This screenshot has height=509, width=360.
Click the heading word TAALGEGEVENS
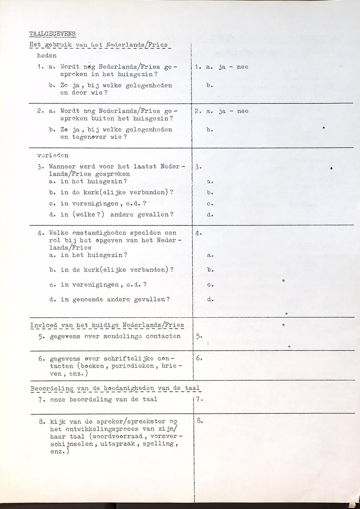coord(52,34)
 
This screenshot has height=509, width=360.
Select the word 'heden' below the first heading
coord(47,56)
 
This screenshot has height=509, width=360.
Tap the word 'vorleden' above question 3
coord(53,155)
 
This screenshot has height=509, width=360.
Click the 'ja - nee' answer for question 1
coord(233,67)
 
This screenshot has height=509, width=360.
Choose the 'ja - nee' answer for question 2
coord(233,111)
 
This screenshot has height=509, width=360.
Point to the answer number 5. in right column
coord(198,336)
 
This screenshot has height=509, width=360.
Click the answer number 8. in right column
coord(199,421)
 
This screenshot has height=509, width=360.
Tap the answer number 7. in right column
coord(199,399)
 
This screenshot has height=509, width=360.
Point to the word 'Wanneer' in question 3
coord(62,167)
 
